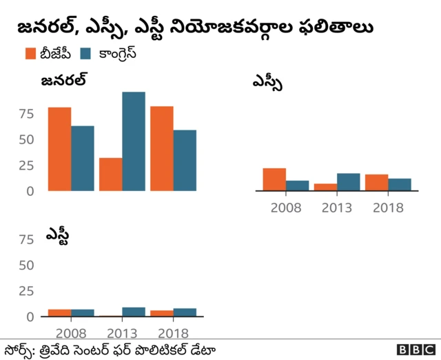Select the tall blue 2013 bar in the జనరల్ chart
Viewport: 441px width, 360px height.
134,141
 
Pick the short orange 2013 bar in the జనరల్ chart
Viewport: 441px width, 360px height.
110,174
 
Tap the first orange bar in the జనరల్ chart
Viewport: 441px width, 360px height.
59,149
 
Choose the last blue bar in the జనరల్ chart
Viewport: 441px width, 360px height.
185,161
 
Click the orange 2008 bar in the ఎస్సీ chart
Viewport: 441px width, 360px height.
274,179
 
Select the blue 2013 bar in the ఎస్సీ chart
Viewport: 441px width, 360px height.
349,182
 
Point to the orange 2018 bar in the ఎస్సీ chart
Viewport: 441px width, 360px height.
376,183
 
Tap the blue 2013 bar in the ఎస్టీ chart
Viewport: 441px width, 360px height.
134,312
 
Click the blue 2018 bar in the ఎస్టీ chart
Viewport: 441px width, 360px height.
185,313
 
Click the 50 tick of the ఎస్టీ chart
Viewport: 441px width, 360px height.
25,266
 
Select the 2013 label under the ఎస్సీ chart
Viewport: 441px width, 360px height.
336,208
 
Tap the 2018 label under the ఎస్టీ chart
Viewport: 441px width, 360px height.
173,332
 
